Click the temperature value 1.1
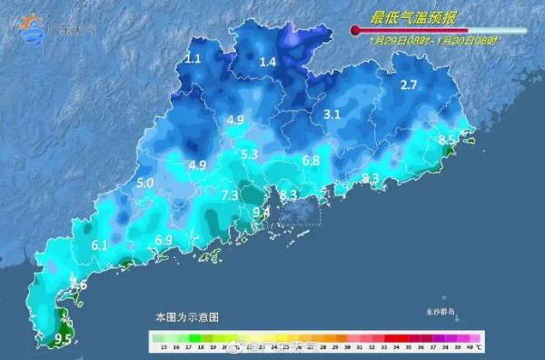[x=193, y=59]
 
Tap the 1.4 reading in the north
[x=267, y=62]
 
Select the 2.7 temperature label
[x=409, y=85]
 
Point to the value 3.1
[x=332, y=115]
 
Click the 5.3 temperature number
[x=250, y=155]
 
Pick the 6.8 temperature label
[x=311, y=160]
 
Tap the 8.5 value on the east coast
[x=447, y=140]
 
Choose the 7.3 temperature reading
[x=229, y=195]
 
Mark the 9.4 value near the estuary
[x=262, y=212]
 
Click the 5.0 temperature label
[x=144, y=183]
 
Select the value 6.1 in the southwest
[x=100, y=245]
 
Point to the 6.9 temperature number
[x=163, y=240]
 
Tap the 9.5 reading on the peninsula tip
[x=64, y=339]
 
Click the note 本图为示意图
[x=187, y=317]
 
